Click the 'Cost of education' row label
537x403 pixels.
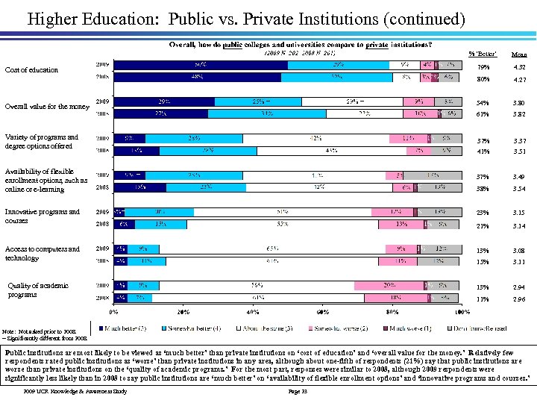pyautogui.click(x=31, y=70)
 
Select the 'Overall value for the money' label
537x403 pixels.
pyautogui.click(x=47, y=107)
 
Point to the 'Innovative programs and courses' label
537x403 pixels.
pyautogui.click(x=42, y=216)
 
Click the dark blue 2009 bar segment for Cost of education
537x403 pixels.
pyautogui.click(x=201, y=64)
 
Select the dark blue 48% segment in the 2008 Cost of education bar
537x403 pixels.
pyautogui.click(x=197, y=76)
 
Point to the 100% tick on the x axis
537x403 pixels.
pyautogui.click(x=462, y=312)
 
